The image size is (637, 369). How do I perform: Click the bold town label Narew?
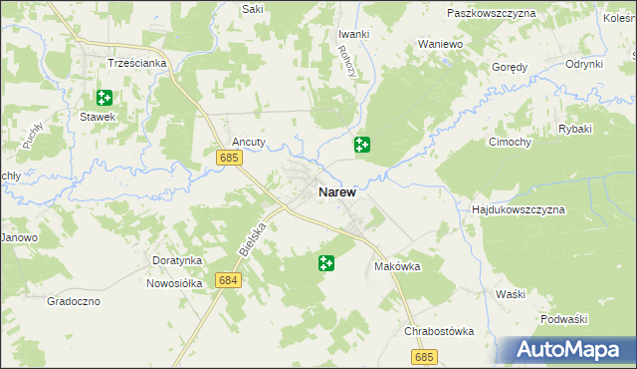tap(337, 191)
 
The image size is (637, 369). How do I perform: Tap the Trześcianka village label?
tap(137, 62)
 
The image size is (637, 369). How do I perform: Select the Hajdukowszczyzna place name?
tap(518, 210)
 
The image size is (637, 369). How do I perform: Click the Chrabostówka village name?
tap(439, 331)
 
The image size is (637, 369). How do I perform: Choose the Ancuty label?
tap(249, 142)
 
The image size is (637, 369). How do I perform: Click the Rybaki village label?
tap(575, 129)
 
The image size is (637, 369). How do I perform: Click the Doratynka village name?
tap(177, 260)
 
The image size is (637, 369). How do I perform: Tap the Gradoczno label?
tap(74, 300)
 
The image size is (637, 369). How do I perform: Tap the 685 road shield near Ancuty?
tap(229, 158)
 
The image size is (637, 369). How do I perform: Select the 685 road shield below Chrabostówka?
tap(423, 356)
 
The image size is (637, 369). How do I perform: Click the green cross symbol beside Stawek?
tap(104, 98)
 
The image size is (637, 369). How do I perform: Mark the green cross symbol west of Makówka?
tap(325, 263)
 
